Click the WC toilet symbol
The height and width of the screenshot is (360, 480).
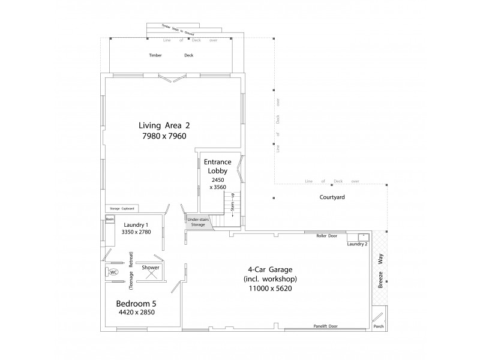pos(113,272)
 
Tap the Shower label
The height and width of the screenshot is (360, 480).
pos(151,268)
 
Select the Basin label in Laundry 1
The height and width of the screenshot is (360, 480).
pos(110,220)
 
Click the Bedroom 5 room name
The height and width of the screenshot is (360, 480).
pos(136,303)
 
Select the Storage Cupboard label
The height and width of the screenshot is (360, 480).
pos(122,209)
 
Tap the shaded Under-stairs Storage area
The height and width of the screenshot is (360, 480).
pos(197,222)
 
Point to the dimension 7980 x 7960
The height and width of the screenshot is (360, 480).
pos(164,136)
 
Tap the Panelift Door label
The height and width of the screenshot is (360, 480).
pos(325,326)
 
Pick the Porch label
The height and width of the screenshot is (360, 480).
pos(378,327)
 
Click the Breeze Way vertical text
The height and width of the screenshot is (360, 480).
pos(380,272)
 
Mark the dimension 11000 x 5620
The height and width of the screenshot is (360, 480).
pos(270,288)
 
